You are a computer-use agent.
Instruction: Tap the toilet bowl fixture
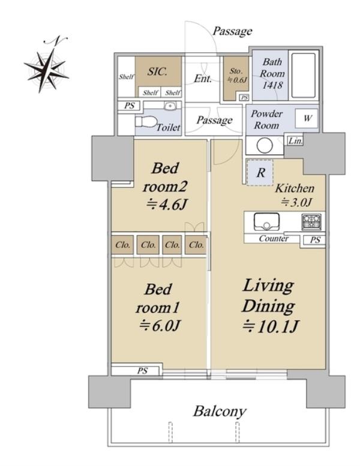click(146, 122)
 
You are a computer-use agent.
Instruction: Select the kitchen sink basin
click(266, 222)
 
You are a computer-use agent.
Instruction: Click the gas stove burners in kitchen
click(311, 222)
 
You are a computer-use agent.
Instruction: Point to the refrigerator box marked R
click(260, 173)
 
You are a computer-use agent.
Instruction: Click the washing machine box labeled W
click(307, 118)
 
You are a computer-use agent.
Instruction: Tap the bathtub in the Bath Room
click(303, 76)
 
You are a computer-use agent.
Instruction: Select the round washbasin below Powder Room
click(265, 146)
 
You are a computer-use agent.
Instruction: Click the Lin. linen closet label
click(295, 140)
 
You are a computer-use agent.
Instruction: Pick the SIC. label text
click(157, 71)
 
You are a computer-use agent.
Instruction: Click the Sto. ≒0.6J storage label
click(237, 75)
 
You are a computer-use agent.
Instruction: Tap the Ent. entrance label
click(203, 79)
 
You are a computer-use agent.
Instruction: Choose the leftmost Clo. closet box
click(122, 245)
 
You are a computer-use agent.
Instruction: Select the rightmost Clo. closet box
click(196, 245)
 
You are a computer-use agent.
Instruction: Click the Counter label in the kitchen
click(273, 238)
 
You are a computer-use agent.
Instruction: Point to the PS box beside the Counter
click(314, 240)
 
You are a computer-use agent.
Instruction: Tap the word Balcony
click(220, 411)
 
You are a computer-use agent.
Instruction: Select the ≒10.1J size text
click(270, 326)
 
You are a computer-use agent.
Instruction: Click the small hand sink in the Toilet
click(170, 106)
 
